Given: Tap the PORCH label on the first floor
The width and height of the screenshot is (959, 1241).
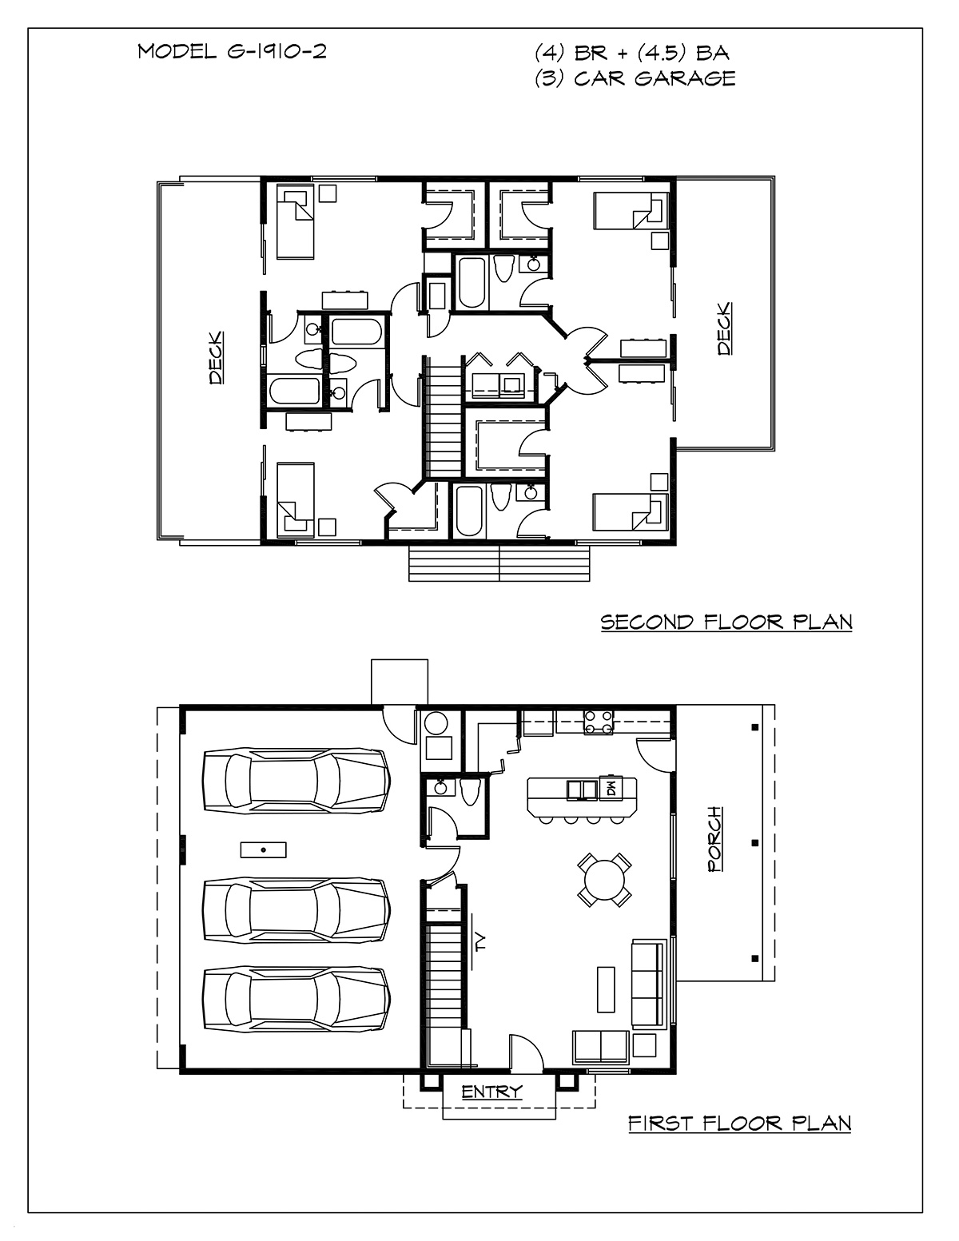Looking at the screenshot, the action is pos(715,839).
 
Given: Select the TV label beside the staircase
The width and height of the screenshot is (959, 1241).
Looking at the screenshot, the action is pos(481,942).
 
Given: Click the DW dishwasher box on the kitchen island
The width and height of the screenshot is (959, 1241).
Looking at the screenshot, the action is pos(610,790).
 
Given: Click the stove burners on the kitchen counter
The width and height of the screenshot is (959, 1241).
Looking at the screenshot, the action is pos(598,722).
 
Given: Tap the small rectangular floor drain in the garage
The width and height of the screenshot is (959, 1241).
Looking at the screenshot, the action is pos(263,849).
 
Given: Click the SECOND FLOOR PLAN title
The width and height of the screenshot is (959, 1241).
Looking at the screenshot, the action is pos(726,622).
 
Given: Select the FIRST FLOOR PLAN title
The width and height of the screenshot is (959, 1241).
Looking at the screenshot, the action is pos(740,1124).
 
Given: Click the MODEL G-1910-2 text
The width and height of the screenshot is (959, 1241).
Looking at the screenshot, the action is pos(232,52).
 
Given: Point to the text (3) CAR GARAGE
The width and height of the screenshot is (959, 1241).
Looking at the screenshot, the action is pos(635,78).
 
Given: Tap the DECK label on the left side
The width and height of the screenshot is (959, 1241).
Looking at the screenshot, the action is pos(216,357).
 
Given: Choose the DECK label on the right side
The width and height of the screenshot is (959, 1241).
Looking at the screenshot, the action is pos(724,329).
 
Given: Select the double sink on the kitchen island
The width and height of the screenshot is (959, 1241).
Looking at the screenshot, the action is pos(582,790).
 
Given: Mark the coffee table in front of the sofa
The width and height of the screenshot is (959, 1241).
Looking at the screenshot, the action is pos(606,989).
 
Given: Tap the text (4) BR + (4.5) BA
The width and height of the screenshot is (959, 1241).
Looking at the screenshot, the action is pos(631,53).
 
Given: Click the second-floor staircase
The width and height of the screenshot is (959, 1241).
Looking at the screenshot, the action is pos(441,417).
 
